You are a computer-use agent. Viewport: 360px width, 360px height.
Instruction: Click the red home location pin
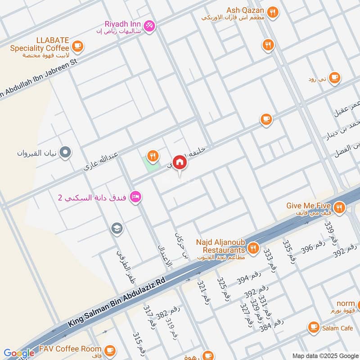tap(180, 162)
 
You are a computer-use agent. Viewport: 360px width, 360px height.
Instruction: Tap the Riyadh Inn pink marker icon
tap(150, 26)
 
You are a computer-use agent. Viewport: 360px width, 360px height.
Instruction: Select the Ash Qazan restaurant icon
tap(272, 13)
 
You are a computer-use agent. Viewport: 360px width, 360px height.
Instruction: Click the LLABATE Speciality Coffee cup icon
tap(77, 45)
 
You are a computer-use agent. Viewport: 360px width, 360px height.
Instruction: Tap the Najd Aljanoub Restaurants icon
tap(253, 247)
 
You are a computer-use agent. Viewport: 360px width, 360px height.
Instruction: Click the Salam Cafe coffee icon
tap(313, 328)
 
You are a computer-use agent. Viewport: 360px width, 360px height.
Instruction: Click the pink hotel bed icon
tap(135, 197)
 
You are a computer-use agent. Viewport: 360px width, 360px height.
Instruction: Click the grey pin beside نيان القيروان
tap(66, 153)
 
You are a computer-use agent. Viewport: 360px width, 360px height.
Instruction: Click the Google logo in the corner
tap(19, 353)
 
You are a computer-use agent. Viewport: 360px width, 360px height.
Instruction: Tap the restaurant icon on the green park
tap(153, 156)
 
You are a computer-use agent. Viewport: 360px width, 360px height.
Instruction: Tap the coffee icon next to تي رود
tap(333, 78)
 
